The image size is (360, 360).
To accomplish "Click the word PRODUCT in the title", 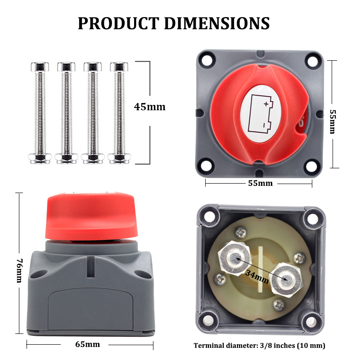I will click(x=118, y=23).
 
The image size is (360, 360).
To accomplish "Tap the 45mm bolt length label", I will click(x=150, y=107).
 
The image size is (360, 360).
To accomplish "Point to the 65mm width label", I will click(x=88, y=344).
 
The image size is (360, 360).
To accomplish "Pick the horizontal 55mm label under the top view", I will click(x=260, y=183).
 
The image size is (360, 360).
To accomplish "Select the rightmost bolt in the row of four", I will click(x=118, y=112).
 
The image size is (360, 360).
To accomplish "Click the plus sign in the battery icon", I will click(x=266, y=104).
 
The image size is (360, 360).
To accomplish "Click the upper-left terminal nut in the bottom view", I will click(x=234, y=257).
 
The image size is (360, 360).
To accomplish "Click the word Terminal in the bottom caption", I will click(x=210, y=346).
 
